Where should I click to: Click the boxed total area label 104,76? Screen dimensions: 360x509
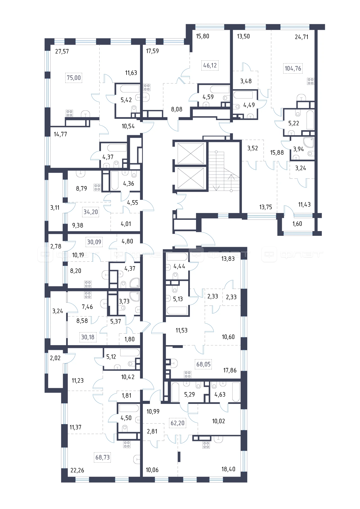click(x=293, y=68)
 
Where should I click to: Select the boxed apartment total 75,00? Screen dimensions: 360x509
click(x=74, y=78)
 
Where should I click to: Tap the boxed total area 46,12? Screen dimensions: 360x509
click(x=210, y=65)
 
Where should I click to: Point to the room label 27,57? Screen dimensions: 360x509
click(x=62, y=51)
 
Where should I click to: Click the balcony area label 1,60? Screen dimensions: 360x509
click(x=297, y=224)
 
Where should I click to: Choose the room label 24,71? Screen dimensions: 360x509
click(x=301, y=37)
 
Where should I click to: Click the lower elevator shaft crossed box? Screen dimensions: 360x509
click(x=191, y=178)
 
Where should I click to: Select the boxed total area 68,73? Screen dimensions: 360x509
click(x=103, y=457)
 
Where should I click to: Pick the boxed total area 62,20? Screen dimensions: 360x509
click(x=178, y=423)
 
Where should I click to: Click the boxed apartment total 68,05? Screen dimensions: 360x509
click(x=203, y=364)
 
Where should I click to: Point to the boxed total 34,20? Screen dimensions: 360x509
click(x=91, y=212)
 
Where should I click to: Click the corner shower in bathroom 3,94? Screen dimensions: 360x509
click(x=309, y=142)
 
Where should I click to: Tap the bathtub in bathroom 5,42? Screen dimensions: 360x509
click(x=130, y=89)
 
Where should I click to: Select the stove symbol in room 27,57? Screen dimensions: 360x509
click(x=69, y=113)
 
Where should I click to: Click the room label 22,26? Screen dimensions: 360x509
click(x=77, y=470)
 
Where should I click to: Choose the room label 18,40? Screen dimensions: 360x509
click(x=228, y=469)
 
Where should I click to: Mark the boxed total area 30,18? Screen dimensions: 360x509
click(x=88, y=337)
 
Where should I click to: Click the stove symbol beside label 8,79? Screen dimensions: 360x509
click(x=97, y=187)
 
